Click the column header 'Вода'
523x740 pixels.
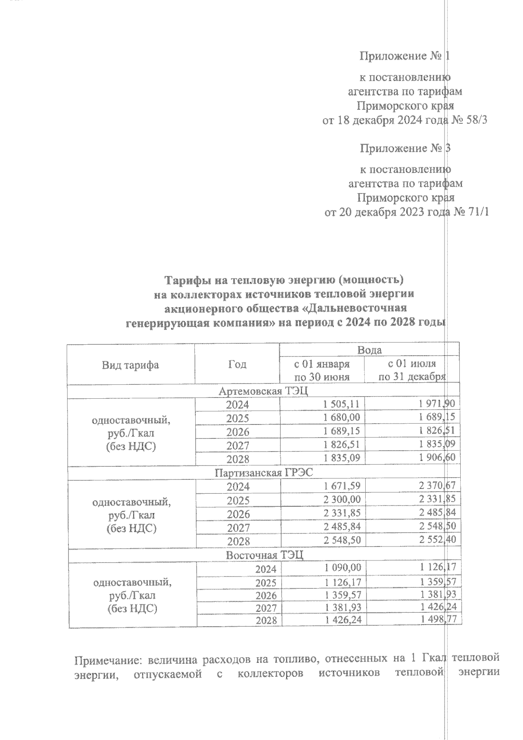coord(369,350)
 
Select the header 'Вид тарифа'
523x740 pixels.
coord(130,365)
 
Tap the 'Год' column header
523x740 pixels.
coord(237,364)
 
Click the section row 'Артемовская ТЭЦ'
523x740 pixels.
coord(263,391)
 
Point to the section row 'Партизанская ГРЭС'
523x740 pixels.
coord(264,473)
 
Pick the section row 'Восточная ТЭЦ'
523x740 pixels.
coord(264,555)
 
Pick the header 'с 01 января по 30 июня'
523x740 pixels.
coord(322,370)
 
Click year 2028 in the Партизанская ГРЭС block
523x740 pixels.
coord(238,541)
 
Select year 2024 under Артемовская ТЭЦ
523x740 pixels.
coord(238,404)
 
